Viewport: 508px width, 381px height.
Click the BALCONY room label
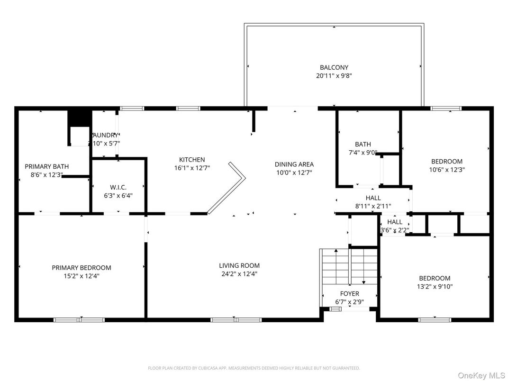334,67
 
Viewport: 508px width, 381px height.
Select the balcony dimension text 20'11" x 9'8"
334,75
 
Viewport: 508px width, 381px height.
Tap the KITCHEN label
192,160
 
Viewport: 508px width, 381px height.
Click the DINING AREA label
294,164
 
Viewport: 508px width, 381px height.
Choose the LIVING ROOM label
239,266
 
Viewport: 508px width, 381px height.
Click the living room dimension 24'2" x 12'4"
239,274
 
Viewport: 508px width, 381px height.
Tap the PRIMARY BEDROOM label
82,268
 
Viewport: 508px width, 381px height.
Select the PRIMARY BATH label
46,166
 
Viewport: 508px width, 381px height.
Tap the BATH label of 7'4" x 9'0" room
363,145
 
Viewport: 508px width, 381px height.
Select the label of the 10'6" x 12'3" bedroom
446,161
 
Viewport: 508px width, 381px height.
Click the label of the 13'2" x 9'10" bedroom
435,278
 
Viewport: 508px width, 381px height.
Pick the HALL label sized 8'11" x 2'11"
373,198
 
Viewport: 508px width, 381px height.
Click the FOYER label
349,294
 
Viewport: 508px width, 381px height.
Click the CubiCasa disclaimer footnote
254,368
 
